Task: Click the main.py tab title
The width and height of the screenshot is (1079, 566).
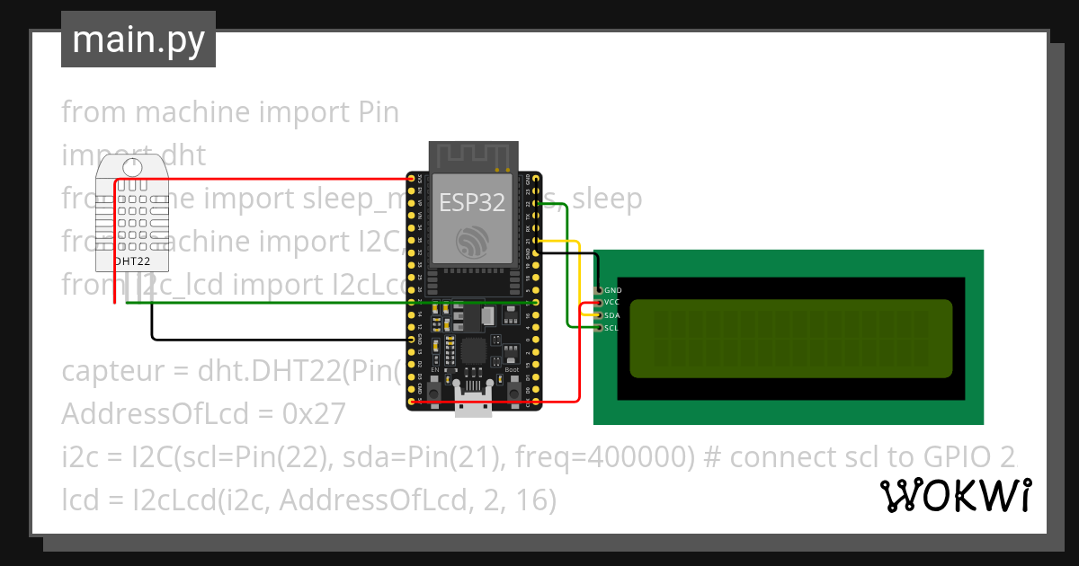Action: click(138, 40)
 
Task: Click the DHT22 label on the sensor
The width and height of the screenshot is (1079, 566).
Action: click(131, 261)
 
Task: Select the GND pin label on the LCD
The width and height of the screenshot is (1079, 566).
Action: click(613, 290)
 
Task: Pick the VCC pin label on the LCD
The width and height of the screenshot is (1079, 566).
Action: click(612, 303)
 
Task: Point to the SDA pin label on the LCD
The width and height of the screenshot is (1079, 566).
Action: click(612, 315)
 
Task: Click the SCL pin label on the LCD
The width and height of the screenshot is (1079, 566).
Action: click(611, 328)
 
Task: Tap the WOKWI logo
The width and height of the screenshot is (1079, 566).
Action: click(956, 495)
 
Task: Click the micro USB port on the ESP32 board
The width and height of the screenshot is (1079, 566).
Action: click(473, 409)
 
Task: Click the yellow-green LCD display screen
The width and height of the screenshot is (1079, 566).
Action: click(790, 338)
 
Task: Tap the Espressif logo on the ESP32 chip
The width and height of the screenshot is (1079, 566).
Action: click(472, 241)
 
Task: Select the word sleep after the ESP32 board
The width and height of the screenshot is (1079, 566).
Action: click(608, 199)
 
